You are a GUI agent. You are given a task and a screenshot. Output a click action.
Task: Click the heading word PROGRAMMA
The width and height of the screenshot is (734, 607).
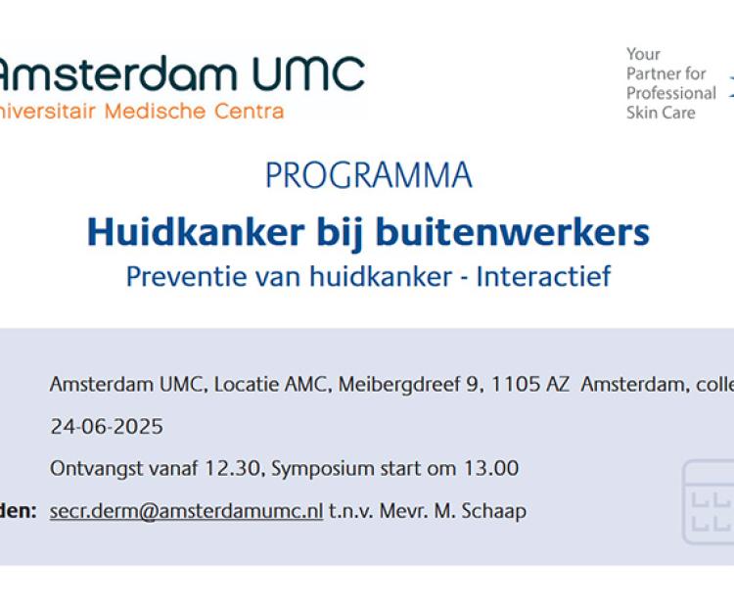pyautogui.click(x=368, y=175)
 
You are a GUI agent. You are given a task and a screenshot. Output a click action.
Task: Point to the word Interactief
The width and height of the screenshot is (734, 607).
pyautogui.click(x=543, y=276)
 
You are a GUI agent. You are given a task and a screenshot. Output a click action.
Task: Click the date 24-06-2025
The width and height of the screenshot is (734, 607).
pyautogui.click(x=107, y=427)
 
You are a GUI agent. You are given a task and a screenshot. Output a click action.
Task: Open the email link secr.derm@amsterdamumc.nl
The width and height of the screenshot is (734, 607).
pyautogui.click(x=186, y=510)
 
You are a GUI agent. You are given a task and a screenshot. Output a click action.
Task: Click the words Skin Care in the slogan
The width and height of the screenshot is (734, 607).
pyautogui.click(x=661, y=113)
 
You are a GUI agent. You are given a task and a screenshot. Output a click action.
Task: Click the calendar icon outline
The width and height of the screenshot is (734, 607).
pyautogui.click(x=709, y=500)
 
